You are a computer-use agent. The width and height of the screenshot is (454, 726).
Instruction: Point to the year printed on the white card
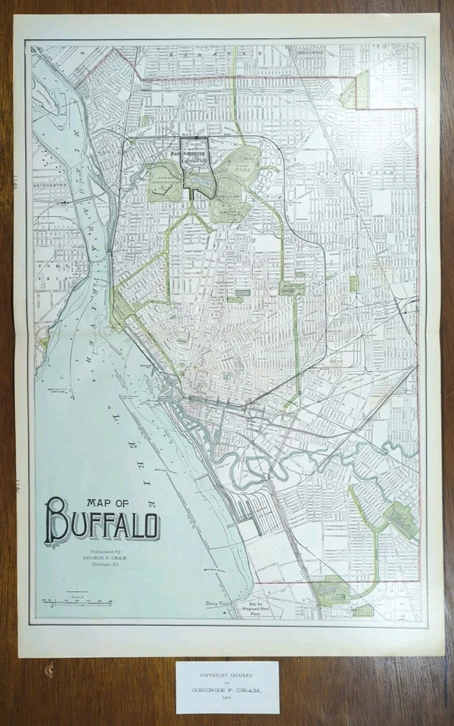coord(227,700)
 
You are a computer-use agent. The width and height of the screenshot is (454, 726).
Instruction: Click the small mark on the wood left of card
coord(51,669)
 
